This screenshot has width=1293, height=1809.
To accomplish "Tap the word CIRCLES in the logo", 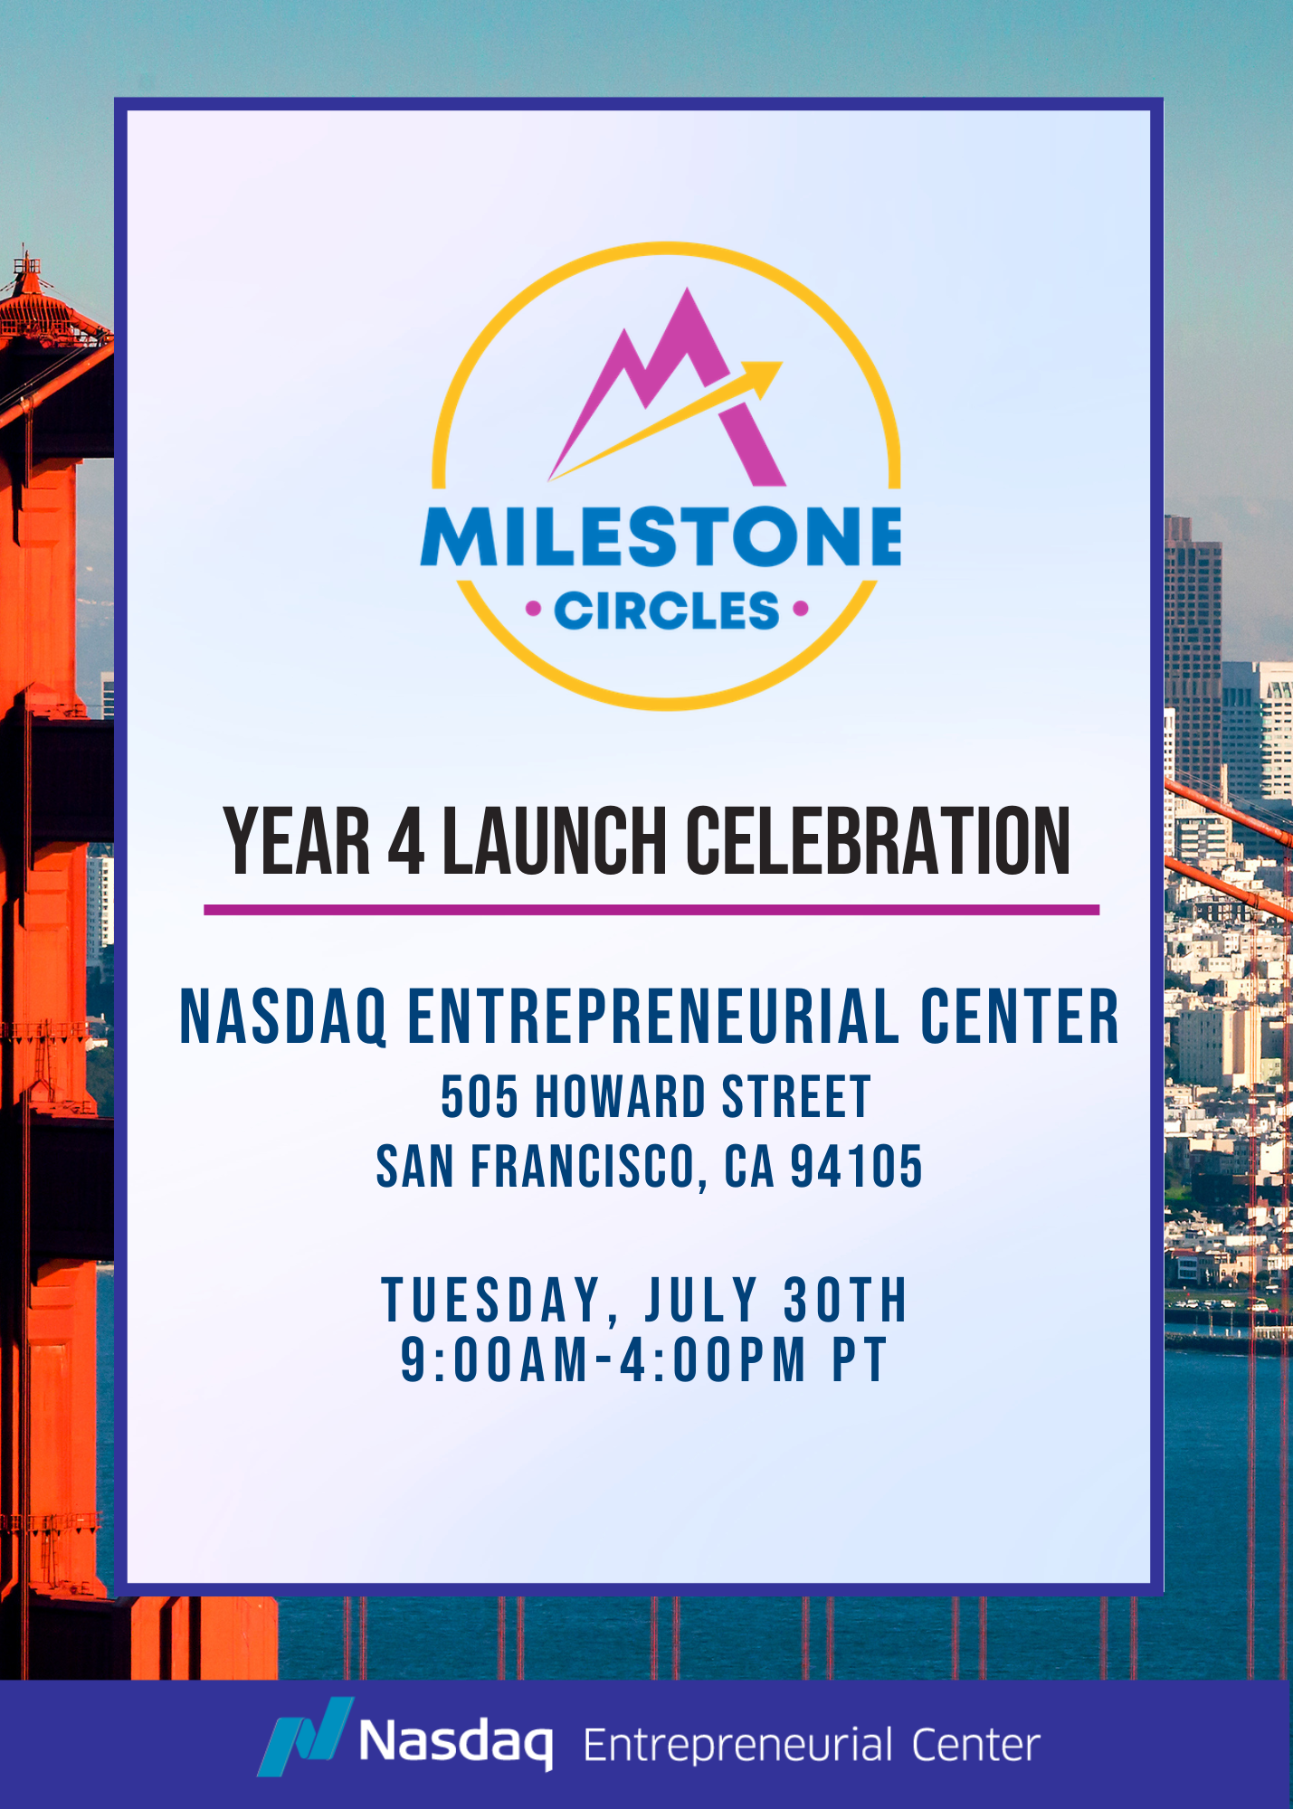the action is click(x=666, y=611).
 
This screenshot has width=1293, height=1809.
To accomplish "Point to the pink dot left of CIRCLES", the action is click(x=534, y=610).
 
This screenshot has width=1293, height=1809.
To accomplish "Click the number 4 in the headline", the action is click(x=406, y=841).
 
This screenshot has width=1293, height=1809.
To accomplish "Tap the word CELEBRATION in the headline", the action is click(x=878, y=841).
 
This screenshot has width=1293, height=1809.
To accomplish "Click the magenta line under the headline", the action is click(x=651, y=910).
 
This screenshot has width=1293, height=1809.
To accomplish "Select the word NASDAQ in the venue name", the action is click(x=283, y=1017).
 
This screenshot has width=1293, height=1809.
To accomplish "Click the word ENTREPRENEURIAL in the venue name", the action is click(x=653, y=1016).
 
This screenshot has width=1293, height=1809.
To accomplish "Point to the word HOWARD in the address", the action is click(x=621, y=1097).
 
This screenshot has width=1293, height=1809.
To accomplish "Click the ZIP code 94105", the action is click(x=856, y=1166).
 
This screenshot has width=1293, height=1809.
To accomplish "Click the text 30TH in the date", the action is click(x=845, y=1300).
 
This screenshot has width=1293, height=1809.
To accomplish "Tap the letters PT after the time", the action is click(x=859, y=1359).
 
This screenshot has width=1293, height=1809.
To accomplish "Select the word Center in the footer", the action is click(x=975, y=1746).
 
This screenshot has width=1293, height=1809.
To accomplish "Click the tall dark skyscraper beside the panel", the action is click(x=1193, y=651).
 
